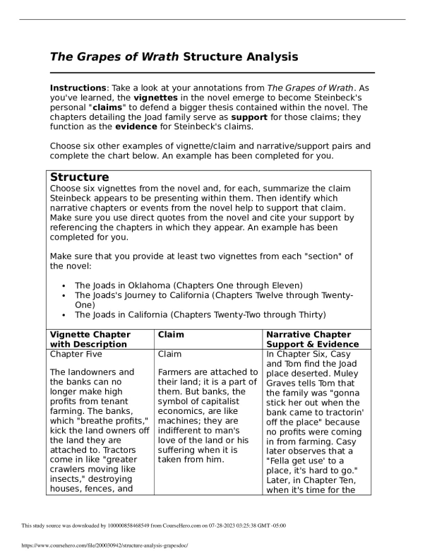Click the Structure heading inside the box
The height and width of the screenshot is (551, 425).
79,177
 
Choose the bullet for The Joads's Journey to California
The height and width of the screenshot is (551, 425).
64,295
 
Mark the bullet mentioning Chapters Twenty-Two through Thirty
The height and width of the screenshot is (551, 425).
64,314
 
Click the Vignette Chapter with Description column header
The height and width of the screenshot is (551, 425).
90,339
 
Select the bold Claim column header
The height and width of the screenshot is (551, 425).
171,334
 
